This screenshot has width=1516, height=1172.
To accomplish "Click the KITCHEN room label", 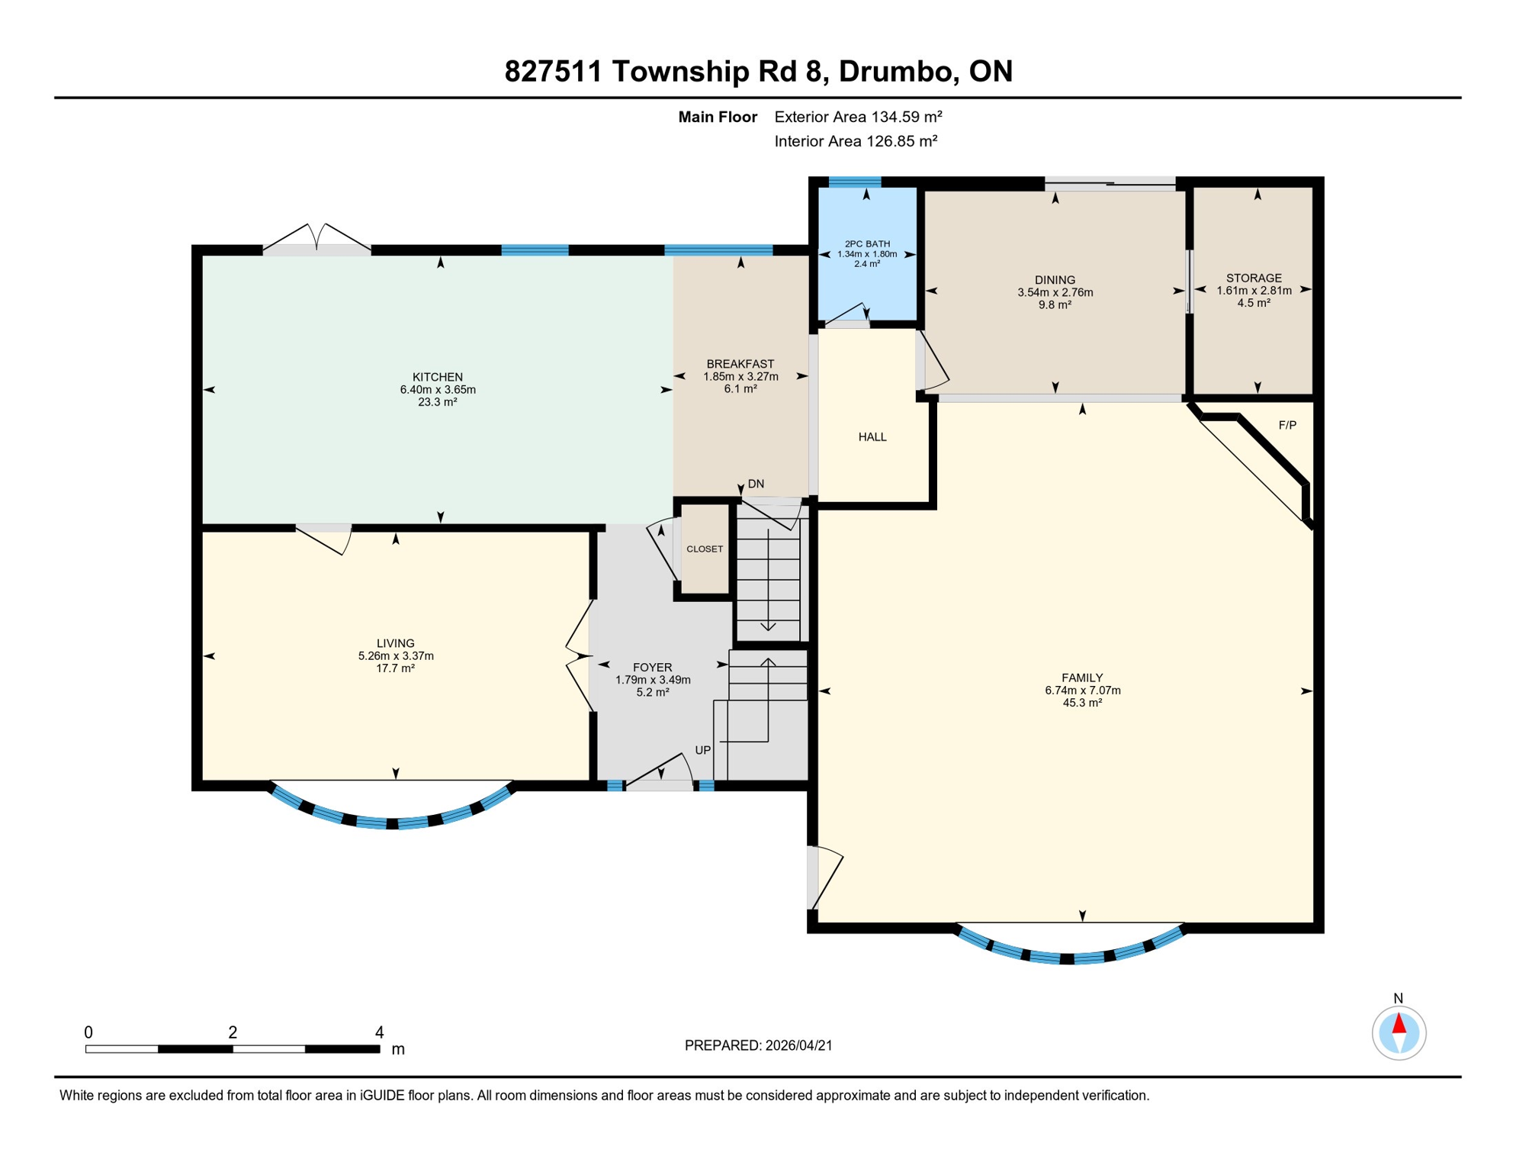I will click(x=438, y=377).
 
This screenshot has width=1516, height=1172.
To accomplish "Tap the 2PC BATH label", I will click(x=867, y=244).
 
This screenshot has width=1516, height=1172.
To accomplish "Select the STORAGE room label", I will click(x=1254, y=279).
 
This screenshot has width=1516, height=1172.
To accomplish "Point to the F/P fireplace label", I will click(x=1287, y=425).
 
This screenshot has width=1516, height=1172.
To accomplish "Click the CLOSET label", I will click(x=705, y=549).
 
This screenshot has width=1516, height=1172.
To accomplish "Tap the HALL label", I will click(x=872, y=437).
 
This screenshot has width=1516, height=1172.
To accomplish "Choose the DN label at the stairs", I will click(x=756, y=484).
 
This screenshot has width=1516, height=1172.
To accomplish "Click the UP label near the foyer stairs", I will click(x=702, y=750).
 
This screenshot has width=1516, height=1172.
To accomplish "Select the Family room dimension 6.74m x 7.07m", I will click(x=1082, y=691).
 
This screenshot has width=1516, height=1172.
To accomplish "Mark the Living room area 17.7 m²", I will click(x=395, y=668).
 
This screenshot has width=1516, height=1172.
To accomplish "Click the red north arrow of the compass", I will click(x=1399, y=1023).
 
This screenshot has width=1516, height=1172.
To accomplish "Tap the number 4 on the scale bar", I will click(x=379, y=1032).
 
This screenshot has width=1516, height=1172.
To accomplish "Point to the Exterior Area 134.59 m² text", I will click(x=858, y=117).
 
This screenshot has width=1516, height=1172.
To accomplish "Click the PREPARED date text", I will click(x=758, y=1045).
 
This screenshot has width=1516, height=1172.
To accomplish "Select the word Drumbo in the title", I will click(x=895, y=71).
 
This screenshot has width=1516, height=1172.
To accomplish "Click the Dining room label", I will click(x=1055, y=280).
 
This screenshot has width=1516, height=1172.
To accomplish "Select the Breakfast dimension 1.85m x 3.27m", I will click(x=740, y=377).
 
